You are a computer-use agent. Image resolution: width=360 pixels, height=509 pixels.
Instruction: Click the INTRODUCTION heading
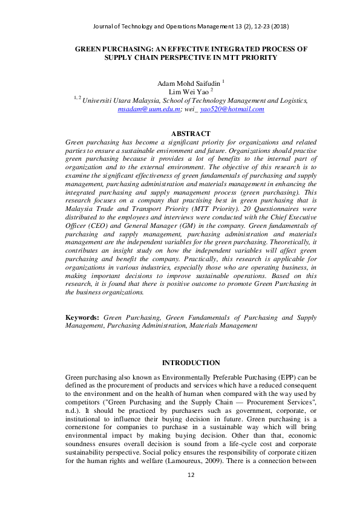pos(191,363)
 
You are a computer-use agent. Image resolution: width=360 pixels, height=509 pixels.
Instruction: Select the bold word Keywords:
pos(82,317)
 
